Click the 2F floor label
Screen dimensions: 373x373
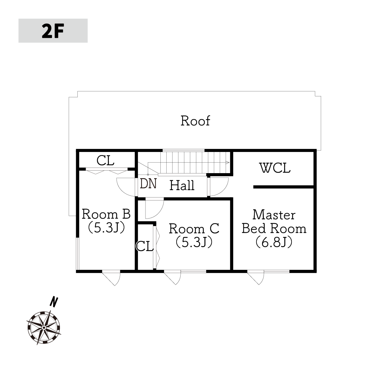coord(53,31)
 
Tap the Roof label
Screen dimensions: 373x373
coord(195,121)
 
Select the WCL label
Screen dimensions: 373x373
coord(275,168)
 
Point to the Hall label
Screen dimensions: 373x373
coord(182,185)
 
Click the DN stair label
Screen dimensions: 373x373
coord(148,183)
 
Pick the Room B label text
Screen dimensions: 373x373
coord(106,214)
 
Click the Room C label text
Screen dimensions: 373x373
coord(194,228)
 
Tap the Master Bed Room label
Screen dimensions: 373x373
coord(274,222)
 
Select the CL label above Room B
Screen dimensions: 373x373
coord(105,160)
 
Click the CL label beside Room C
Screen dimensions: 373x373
coord(145,246)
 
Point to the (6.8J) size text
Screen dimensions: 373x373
coord(274,242)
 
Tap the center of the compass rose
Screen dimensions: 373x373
coord(44,327)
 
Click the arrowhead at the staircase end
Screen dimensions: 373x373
coord(228,162)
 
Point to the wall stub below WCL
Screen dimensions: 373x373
coord(283,187)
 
